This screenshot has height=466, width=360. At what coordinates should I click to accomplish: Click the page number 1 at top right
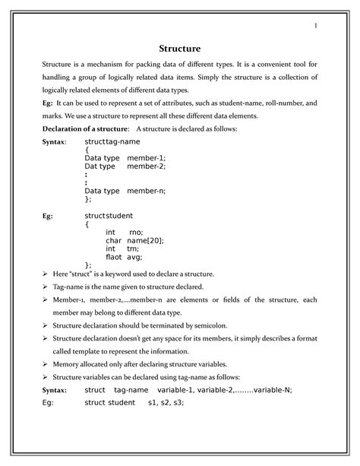coord(314,28)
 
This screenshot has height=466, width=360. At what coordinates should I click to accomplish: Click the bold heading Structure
coord(180,50)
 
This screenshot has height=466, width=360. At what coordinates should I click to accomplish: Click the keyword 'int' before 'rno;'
coord(111,232)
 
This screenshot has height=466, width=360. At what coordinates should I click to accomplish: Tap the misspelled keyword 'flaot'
coord(114,256)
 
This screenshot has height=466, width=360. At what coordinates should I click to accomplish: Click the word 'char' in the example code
coord(113,240)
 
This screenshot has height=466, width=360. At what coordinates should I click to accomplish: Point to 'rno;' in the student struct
coord(136,232)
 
